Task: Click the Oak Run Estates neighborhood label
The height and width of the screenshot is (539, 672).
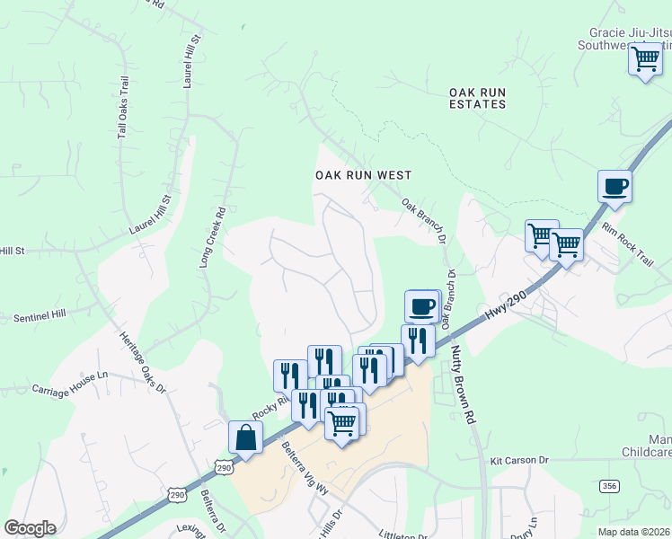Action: pos(478,97)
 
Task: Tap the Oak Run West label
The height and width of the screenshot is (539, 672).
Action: pos(363,175)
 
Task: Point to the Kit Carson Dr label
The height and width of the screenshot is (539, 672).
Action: pos(518,460)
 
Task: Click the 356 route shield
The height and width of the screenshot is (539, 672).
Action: pos(610,485)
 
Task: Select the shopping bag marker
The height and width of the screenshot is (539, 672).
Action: pos(245,437)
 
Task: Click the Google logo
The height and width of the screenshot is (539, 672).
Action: pos(30,528)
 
